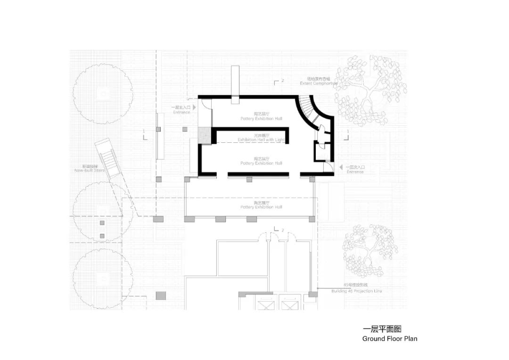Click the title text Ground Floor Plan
389,338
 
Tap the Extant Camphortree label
319,83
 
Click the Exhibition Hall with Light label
262,140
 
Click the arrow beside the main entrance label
194,107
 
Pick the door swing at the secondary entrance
327,168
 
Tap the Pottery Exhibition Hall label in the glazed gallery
261,207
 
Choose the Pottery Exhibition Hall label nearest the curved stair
261,118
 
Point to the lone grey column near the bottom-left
161,295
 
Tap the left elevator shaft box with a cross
265,305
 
